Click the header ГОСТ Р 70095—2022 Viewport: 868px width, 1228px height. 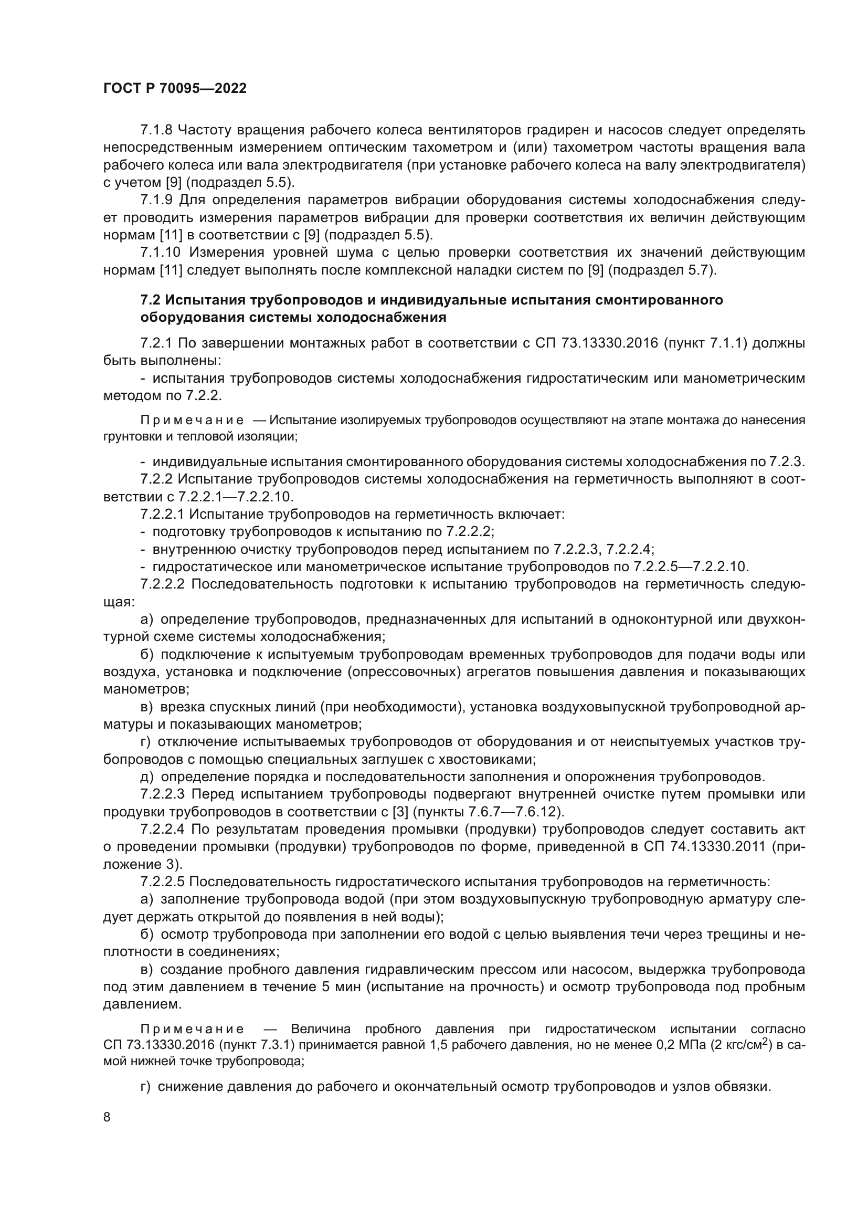coord(175,89)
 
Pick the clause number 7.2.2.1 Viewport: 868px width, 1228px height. coord(163,515)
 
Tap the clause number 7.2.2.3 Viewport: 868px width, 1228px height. coord(163,794)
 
